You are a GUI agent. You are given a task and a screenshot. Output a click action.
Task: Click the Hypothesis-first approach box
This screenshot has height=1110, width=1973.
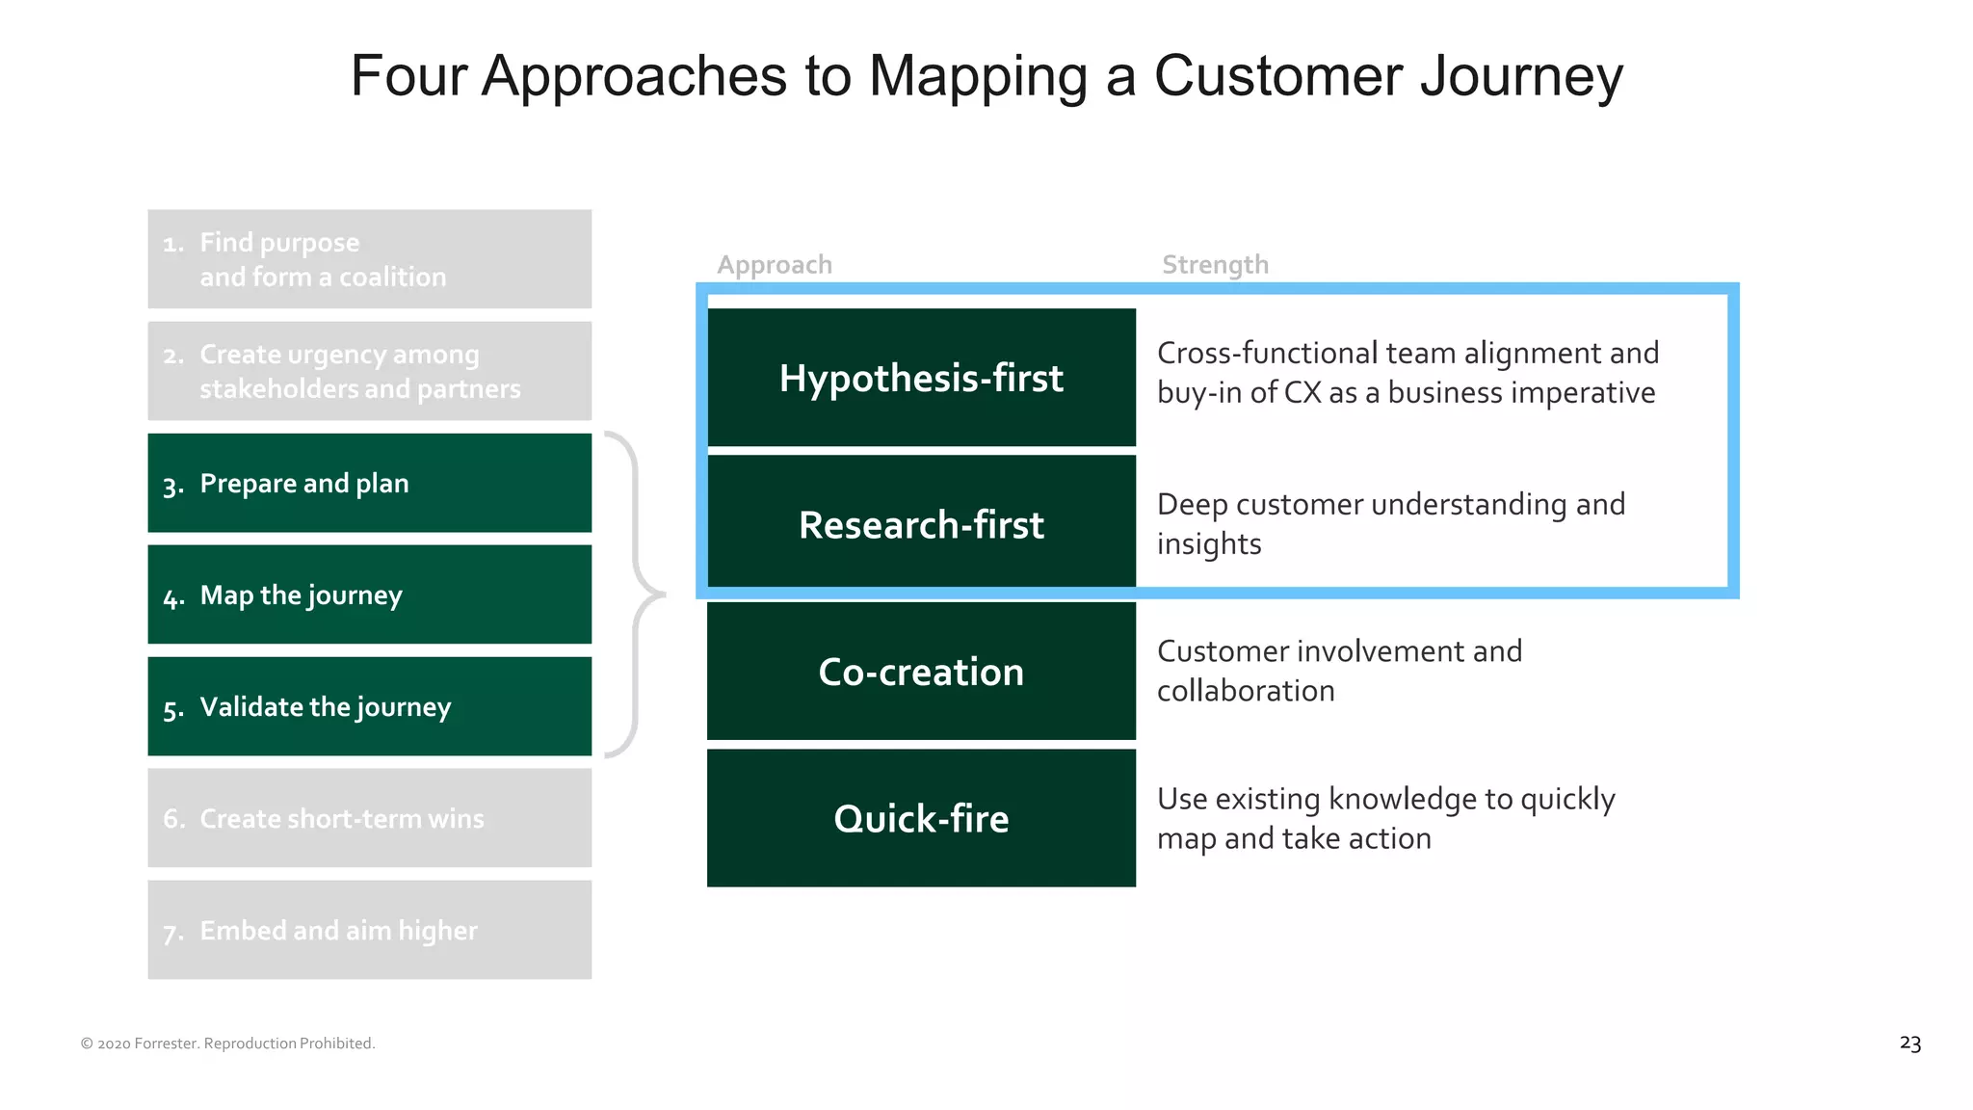(x=921, y=378)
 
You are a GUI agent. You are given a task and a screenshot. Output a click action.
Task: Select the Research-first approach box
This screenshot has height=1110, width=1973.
(x=921, y=524)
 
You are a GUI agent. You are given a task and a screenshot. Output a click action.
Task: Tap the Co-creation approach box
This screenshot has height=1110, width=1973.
(x=921, y=672)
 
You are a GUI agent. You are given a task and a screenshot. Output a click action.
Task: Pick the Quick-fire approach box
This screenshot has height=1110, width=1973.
(x=921, y=818)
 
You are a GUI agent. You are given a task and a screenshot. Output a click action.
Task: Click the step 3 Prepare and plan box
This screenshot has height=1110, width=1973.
(x=369, y=483)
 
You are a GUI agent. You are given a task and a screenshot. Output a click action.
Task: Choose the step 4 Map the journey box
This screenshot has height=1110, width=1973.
(x=369, y=595)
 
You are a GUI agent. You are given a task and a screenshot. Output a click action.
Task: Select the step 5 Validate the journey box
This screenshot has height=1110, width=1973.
(x=369, y=706)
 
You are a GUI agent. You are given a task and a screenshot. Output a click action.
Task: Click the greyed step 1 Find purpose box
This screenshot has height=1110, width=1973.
(x=369, y=259)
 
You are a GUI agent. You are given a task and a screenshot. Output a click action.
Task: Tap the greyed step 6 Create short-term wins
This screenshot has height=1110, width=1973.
(x=369, y=818)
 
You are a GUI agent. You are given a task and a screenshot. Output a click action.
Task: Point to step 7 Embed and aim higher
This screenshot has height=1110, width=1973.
(x=369, y=930)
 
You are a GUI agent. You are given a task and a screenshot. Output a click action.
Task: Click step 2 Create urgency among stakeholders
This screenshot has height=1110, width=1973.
(x=369, y=371)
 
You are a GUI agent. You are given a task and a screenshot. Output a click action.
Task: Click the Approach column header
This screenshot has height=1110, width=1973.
(x=775, y=265)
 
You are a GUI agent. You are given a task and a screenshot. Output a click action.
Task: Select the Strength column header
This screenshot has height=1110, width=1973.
(x=1215, y=265)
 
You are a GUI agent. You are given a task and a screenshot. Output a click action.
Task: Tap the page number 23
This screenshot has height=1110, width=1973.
(x=1909, y=1044)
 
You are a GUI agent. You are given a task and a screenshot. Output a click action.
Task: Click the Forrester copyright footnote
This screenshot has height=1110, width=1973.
(x=227, y=1044)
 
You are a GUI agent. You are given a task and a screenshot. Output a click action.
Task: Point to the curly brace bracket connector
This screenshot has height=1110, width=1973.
(x=637, y=595)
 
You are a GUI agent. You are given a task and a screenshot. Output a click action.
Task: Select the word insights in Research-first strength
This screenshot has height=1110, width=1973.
(x=1208, y=544)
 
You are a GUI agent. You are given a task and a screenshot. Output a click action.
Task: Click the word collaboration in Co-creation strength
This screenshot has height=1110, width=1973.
(x=1245, y=691)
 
